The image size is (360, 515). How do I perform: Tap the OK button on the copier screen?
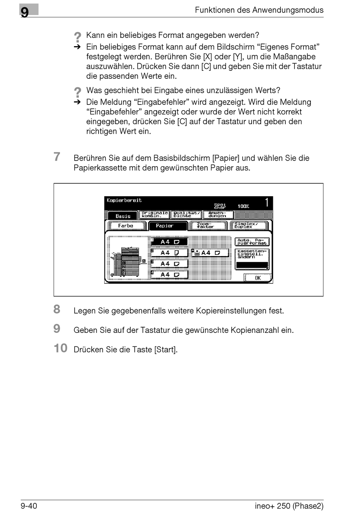(258, 278)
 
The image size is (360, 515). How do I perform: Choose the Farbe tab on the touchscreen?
(126, 226)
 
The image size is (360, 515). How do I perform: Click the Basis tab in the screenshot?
(123, 216)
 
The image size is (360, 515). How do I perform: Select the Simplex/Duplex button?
(249, 226)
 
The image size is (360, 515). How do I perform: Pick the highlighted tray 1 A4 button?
(169, 242)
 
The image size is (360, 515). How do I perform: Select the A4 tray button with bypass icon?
(210, 253)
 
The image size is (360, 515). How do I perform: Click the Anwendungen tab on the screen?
(218, 215)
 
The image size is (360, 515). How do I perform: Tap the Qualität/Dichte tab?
(186, 215)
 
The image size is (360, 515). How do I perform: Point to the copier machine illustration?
(129, 261)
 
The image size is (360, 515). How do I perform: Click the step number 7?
(57, 157)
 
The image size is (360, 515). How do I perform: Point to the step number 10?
(60, 348)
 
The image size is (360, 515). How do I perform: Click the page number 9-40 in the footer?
(29, 506)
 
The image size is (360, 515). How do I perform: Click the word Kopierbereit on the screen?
(124, 200)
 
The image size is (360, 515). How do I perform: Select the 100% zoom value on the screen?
(243, 206)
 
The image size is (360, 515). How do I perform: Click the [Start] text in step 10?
(166, 350)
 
